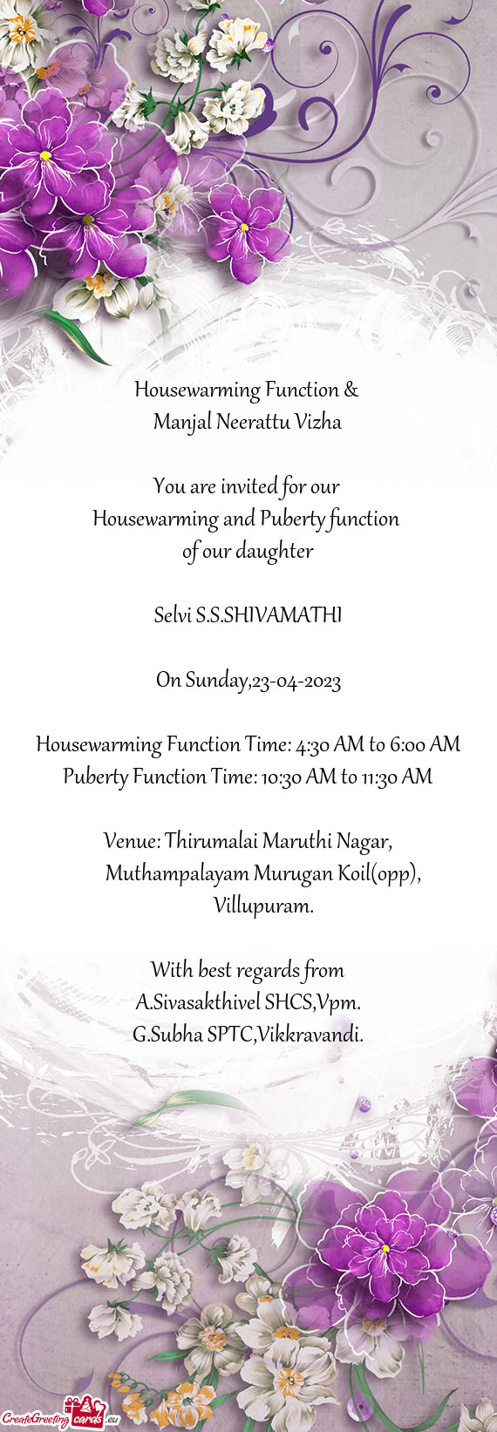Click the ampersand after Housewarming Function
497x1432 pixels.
tap(351, 390)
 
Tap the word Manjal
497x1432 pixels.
tap(181, 424)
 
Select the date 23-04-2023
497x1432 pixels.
tap(296, 681)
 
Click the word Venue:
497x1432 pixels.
tap(132, 842)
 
